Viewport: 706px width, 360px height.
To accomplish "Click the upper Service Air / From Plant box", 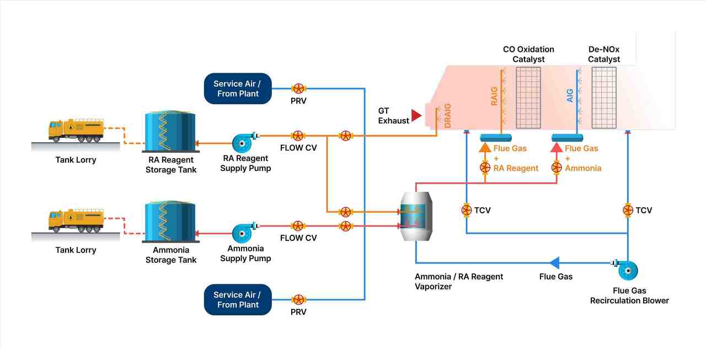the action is [x=238, y=89].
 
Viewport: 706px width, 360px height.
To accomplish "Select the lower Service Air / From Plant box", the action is [x=238, y=299].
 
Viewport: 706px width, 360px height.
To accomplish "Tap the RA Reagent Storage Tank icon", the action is [x=170, y=132].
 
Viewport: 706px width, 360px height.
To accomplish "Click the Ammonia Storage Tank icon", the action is [x=170, y=222].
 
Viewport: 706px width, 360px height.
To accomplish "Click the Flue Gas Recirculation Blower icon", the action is [x=625, y=270].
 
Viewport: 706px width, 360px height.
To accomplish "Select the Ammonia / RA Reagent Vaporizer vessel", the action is [x=416, y=216].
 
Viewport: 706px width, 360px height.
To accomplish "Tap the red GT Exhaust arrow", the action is [x=416, y=115].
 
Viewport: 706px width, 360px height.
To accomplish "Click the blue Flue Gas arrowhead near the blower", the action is [x=554, y=262].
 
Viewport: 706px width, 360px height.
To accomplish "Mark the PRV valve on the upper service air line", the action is [x=298, y=89].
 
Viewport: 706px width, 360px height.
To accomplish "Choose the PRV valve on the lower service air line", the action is [x=298, y=299].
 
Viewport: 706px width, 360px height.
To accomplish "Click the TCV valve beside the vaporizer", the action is [x=467, y=210].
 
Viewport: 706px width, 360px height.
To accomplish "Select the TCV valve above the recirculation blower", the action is [x=628, y=210].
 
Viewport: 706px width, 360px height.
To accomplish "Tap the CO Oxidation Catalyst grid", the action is [x=528, y=98].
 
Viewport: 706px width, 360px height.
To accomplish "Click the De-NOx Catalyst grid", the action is [x=604, y=98].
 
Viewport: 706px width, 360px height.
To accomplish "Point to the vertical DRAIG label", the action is [x=447, y=116].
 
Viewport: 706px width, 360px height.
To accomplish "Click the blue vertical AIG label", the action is [x=570, y=95].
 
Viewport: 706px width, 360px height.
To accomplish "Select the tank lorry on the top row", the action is [x=76, y=130].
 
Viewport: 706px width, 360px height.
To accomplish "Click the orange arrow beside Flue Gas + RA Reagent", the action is [x=485, y=148].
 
